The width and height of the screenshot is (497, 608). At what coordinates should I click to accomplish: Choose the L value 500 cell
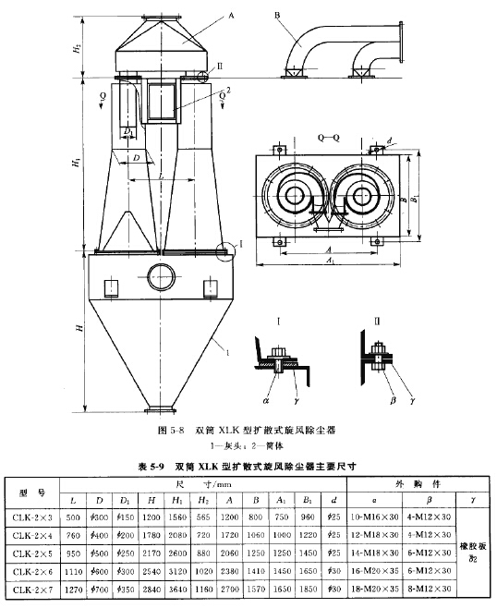[74, 517]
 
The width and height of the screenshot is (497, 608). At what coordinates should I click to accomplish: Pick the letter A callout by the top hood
[230, 16]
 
